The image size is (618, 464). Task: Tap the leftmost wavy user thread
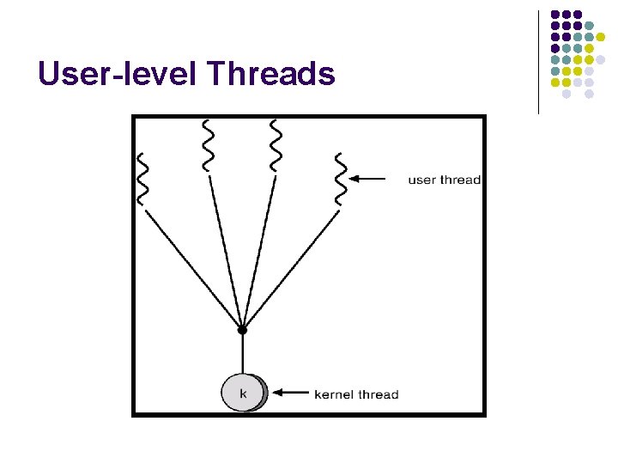point(143,178)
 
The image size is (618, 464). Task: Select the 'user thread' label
point(444,180)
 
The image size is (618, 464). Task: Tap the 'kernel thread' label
point(356,394)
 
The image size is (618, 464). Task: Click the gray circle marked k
point(244,394)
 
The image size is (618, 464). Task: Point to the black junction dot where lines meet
point(242,329)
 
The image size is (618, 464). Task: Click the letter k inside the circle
point(243,394)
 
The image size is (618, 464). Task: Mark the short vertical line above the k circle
point(242,354)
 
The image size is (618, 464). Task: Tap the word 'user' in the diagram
point(421,180)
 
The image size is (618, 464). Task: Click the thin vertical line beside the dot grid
point(538,62)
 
